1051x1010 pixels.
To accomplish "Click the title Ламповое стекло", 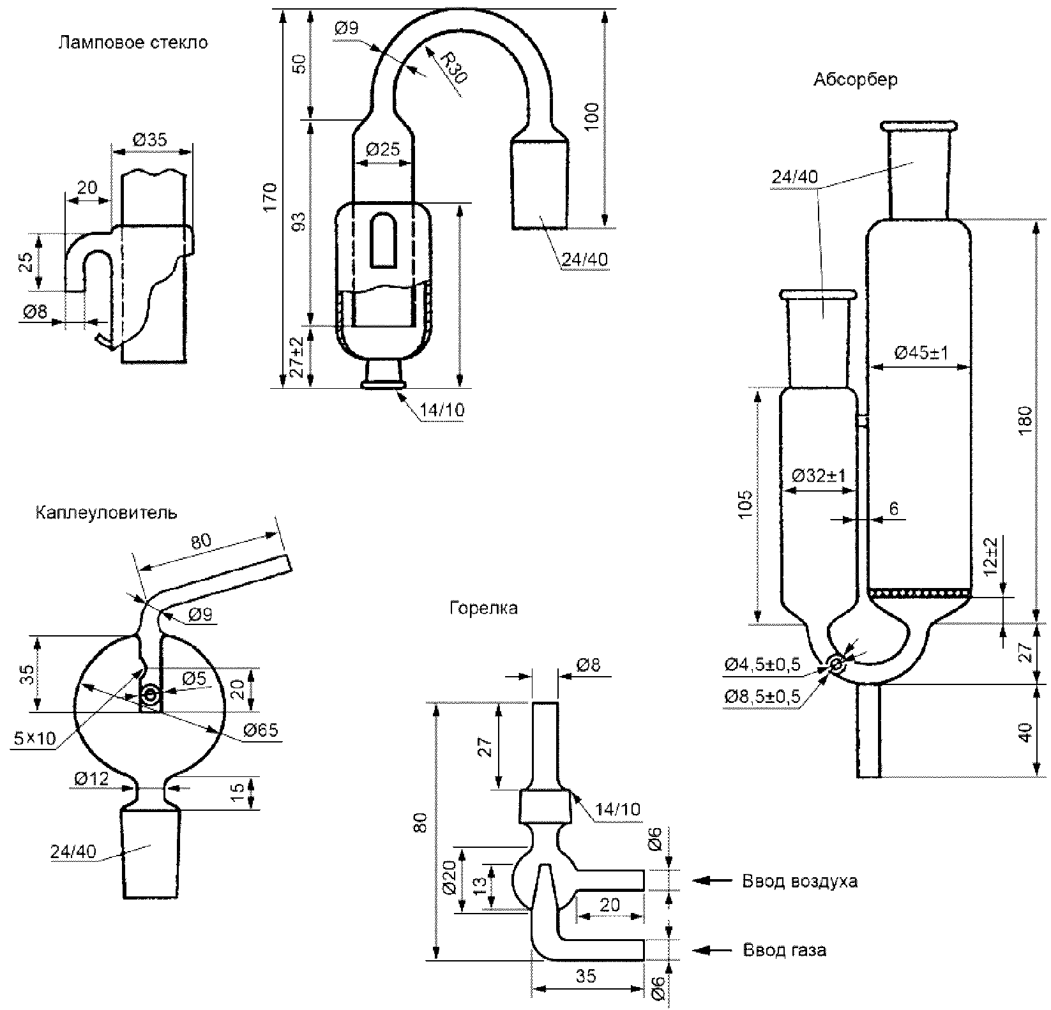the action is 133,43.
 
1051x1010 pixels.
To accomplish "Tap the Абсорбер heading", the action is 856,80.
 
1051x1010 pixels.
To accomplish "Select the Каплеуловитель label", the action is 107,513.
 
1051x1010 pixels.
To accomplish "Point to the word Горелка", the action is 483,608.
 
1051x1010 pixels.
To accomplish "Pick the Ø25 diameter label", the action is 383,150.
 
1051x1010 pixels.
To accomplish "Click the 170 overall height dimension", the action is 271,197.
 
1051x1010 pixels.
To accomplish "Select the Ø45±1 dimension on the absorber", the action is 921,352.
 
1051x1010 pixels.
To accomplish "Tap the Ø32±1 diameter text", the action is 819,476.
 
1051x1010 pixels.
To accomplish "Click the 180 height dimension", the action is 1025,420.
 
